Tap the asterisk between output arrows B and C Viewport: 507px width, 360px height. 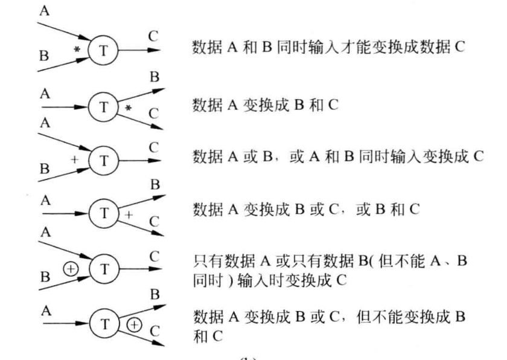[x=128, y=108]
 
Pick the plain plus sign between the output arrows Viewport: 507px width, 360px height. [x=128, y=214]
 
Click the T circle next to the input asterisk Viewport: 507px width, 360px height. [x=104, y=50]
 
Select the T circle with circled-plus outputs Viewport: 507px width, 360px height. [x=104, y=321]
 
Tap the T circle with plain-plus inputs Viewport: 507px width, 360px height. [x=104, y=160]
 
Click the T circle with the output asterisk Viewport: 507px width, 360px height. [x=104, y=104]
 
